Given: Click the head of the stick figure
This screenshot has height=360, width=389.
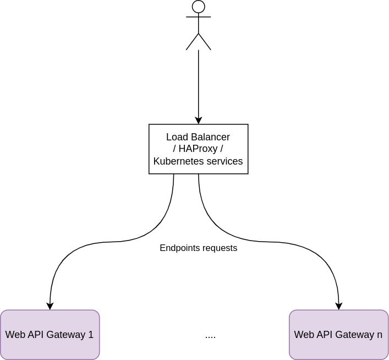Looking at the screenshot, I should [199, 7].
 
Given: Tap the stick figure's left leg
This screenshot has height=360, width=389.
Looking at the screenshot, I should [193, 42].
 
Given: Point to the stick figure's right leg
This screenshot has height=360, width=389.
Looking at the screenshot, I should [205, 42].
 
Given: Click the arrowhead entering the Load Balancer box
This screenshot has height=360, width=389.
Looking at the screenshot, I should [199, 121].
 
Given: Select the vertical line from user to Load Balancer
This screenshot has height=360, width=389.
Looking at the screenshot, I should [199, 83].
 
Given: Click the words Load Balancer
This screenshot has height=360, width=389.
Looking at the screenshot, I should [198, 137].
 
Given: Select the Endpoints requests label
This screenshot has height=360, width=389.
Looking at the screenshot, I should [198, 248].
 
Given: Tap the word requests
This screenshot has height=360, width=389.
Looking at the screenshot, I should [220, 248].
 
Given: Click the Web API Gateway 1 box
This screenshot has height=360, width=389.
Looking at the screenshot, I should [50, 335].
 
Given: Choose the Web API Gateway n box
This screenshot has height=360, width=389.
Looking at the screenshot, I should [338, 335].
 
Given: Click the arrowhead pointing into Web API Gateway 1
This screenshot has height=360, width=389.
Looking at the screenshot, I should [50, 306].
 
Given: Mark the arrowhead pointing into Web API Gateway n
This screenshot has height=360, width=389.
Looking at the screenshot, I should [339, 306].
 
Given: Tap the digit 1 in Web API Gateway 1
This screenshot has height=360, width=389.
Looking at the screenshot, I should [91, 335].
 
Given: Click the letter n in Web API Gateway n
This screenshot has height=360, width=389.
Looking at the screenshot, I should [380, 335].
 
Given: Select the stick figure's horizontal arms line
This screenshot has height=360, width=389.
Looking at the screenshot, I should [199, 17].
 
